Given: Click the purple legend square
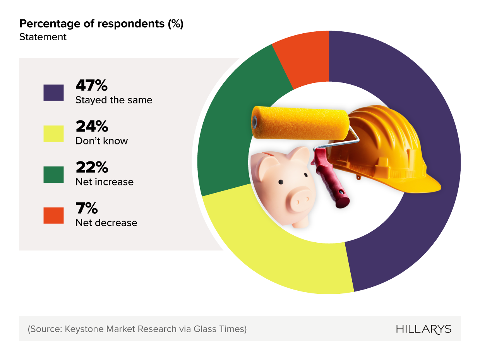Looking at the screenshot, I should [x=53, y=93].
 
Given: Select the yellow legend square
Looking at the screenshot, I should [x=53, y=134].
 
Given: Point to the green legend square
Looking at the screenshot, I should [x=53, y=175].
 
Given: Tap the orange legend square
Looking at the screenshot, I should [x=53, y=216].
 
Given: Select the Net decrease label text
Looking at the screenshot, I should [x=106, y=223].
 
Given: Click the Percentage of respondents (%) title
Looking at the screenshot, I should [x=101, y=24].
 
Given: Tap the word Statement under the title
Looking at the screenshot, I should [x=43, y=37].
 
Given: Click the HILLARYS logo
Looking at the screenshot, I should [x=423, y=329].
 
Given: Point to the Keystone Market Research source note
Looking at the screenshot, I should [x=137, y=329].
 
